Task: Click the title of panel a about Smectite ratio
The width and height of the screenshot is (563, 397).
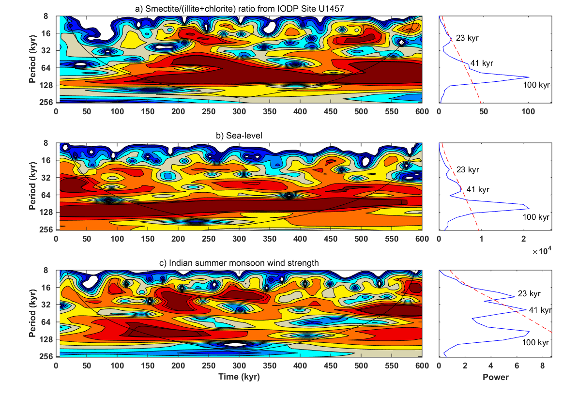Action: point(238,8)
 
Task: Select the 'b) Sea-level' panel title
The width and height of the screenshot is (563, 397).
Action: point(239,136)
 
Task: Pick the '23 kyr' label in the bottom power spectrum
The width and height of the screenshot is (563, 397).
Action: point(529,293)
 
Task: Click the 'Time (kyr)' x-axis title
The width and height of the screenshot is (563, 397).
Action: point(239,377)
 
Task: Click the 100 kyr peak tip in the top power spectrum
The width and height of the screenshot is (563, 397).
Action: point(529,77)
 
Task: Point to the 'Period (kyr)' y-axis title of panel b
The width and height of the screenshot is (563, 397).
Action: point(32,186)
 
